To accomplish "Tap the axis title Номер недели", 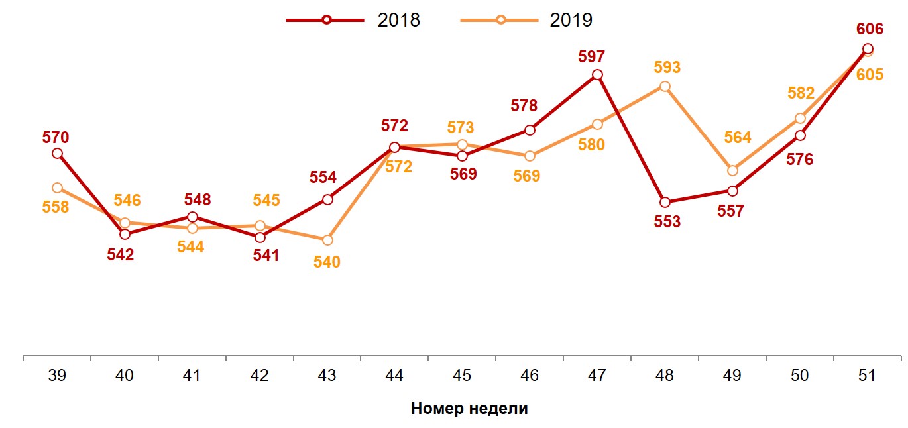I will pos(469,408).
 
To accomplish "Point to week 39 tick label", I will pos(57,376).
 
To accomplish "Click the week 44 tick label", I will pos(394,376).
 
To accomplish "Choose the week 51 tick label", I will pos(866,376).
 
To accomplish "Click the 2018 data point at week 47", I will pos(597,75).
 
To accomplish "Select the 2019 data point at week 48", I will pos(665,87).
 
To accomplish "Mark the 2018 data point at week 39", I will pos(57,153).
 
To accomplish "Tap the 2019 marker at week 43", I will pos(327,240).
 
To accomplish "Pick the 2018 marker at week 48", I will pos(665,203).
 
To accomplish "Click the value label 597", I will pos(591,57).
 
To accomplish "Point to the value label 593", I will pos(667,68).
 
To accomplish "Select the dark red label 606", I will pos(870,29).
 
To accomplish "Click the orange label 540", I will pos(327,262).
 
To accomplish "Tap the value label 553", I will pos(667,222).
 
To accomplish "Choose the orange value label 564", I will pos(738,138).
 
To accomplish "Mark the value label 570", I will pos(56,138).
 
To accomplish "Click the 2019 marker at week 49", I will pos(732,171).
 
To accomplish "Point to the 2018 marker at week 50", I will pos(800,136).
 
